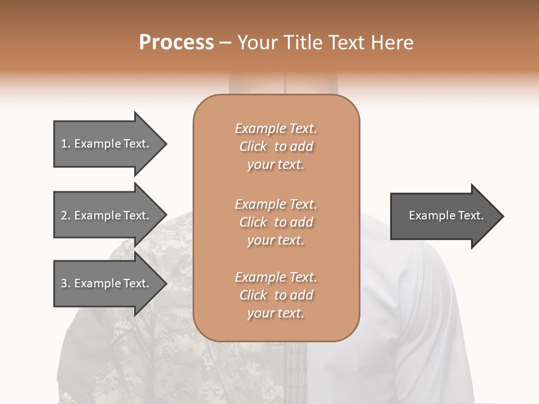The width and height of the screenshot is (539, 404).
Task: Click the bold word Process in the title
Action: [176, 43]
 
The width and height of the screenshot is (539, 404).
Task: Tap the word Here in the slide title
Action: [391, 43]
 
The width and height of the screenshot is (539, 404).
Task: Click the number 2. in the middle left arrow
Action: [66, 215]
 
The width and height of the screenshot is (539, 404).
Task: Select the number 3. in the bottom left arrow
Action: [66, 283]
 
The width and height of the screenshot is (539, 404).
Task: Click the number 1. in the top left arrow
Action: [66, 144]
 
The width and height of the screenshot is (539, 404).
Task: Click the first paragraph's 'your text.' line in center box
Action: [276, 165]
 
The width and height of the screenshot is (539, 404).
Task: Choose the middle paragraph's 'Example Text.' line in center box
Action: [276, 204]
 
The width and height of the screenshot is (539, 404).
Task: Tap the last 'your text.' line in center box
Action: [276, 314]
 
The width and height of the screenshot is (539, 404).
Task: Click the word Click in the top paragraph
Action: [253, 147]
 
